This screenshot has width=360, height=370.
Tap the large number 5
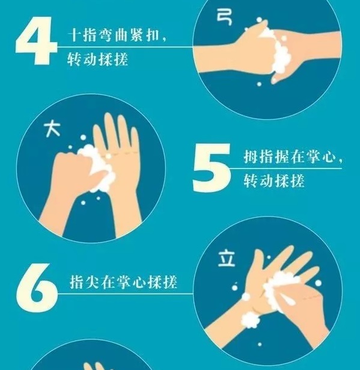[212, 167]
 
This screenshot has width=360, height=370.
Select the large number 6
[37, 288]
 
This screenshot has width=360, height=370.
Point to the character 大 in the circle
[52, 129]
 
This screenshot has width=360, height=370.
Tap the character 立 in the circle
[227, 259]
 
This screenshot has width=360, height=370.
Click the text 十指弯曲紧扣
[114, 35]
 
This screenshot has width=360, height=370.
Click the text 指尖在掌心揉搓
[123, 282]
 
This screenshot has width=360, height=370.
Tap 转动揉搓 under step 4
[97, 59]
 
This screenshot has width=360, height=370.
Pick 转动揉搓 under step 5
[274, 180]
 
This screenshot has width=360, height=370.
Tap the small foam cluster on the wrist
[251, 320]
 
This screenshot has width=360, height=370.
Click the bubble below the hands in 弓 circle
[259, 84]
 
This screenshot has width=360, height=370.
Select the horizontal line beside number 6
[126, 294]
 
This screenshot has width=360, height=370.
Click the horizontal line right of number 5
[285, 168]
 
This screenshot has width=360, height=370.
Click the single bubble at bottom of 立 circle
[260, 344]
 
